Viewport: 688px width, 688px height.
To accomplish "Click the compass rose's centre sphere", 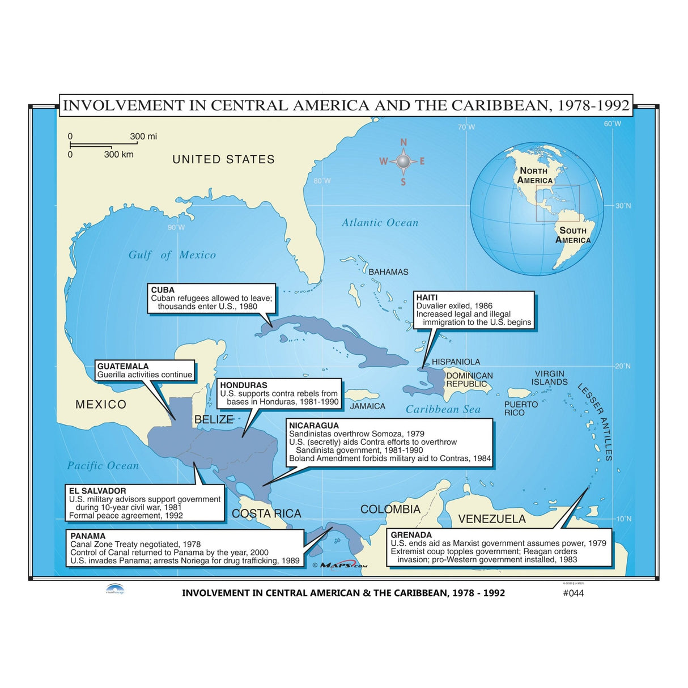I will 403,162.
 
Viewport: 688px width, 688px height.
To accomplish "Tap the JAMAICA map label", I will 367,406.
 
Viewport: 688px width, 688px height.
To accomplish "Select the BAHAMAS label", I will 388,272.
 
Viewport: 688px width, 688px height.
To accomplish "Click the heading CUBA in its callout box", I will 163,290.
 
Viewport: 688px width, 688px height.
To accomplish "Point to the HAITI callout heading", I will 427,298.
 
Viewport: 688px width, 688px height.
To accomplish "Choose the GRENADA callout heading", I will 411,535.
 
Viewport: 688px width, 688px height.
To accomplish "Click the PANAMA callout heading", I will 88,536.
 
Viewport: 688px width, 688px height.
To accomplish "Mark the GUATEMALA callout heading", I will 123,366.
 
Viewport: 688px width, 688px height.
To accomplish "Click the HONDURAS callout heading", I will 244,385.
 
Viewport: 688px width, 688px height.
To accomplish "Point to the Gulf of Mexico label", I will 172,255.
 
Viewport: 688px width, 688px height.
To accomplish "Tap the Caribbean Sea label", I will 443,409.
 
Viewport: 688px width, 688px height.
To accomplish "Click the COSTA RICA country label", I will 266,513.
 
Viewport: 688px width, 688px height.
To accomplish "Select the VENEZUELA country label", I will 492,519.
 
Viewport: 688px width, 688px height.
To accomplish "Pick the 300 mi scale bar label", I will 143,137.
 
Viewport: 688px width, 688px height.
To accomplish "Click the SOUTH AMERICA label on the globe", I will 572,235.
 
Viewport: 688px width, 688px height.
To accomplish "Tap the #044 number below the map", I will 573,593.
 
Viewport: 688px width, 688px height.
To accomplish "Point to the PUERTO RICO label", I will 521,409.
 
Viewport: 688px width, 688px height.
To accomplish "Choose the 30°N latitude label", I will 623,206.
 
